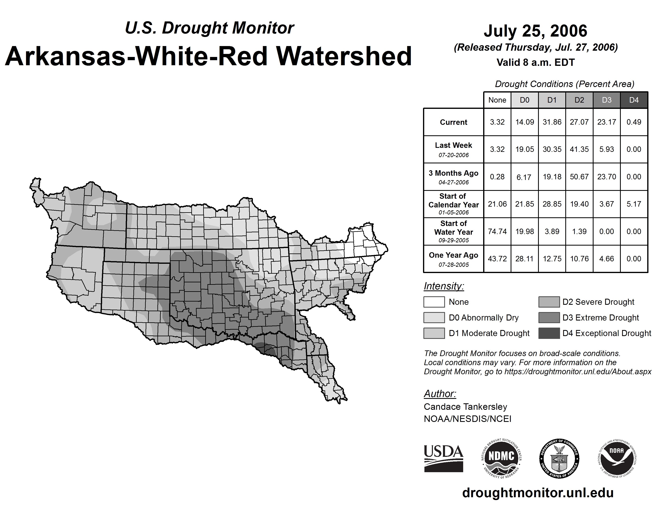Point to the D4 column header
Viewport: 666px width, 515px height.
coord(634,100)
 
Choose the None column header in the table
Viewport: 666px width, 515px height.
coord(497,100)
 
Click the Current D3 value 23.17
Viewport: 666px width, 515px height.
coord(606,122)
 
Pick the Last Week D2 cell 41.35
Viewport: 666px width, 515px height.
coord(579,149)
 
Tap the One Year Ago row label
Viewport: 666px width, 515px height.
coord(453,259)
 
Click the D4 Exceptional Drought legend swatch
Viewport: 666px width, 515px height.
coord(549,333)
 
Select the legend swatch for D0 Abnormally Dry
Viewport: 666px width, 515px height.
coord(434,317)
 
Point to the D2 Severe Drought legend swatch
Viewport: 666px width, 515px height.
coord(549,302)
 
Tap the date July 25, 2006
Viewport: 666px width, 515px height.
coord(535,31)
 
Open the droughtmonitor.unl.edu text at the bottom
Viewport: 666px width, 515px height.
coord(538,493)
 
